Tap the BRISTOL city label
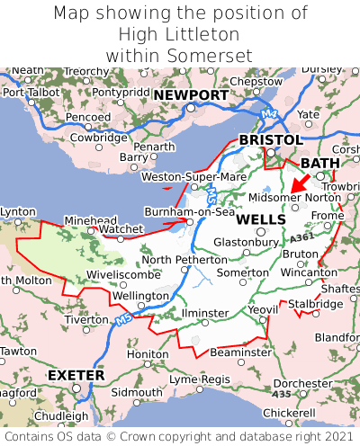tap(270, 140)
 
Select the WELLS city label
tap(262, 219)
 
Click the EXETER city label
tap(76, 374)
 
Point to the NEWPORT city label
tap(190, 95)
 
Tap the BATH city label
tap(320, 163)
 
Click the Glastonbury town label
tap(246, 242)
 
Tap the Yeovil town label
tap(263, 309)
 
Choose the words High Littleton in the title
tap(179, 34)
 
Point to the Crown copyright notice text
tap(180, 436)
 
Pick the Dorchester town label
tap(302, 384)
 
